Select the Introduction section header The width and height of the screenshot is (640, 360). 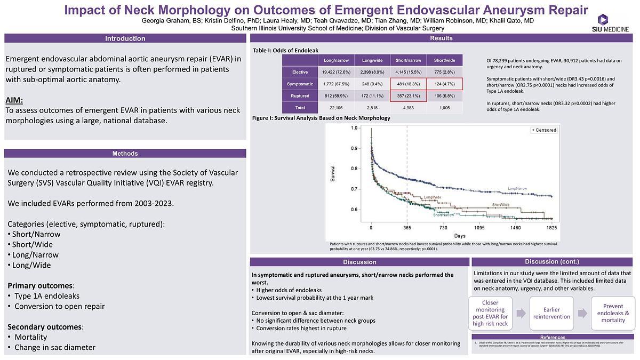[125, 38]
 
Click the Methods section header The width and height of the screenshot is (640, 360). [125, 154]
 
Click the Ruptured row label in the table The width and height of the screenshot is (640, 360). [300, 96]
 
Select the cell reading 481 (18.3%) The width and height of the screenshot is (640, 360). [408, 84]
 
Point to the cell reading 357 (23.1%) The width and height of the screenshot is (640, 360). [408, 96]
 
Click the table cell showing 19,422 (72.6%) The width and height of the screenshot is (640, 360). [336, 72]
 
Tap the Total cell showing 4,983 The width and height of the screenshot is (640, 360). [408, 108]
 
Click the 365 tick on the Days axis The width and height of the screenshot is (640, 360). [407, 228]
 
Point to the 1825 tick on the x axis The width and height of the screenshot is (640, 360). [551, 228]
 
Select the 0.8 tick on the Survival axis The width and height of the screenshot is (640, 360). [355, 169]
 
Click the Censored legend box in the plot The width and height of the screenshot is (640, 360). [544, 130]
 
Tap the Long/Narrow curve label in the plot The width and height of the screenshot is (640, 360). [518, 189]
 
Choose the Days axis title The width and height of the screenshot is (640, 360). [460, 235]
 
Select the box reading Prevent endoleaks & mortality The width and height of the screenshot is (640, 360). [613, 313]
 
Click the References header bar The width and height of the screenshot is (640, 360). [553, 338]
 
